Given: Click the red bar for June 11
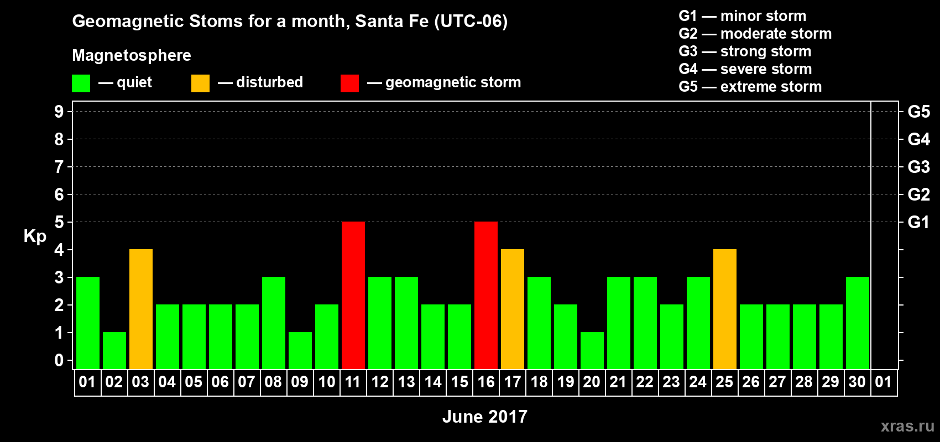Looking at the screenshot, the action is pos(353,295).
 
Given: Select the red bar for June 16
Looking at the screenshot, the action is pos(486,295).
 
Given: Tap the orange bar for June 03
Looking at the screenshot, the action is pos(141,309).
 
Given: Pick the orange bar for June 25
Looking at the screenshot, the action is pos(725,309).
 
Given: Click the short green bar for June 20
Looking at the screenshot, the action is pos(592,351).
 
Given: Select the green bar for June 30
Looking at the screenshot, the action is pos(857,323).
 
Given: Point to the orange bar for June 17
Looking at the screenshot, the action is pos(513,309).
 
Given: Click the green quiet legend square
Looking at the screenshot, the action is pos(81,83).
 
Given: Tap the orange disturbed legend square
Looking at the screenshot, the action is pos(200,83).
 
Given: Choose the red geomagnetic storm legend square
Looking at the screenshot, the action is pos(349,83).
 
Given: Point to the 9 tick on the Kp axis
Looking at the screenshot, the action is pos(59,112).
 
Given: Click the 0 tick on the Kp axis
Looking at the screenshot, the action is pos(59,360).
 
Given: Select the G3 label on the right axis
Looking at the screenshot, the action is pos(919,167).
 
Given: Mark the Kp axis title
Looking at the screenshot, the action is pos(35,236).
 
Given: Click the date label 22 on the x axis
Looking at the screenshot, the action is pos(645,382).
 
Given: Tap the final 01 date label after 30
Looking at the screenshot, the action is pos(884,382).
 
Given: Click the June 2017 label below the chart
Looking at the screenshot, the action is pos(485,417).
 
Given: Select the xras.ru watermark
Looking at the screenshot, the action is pos(907,426).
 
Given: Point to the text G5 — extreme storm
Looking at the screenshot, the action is pos(750,87).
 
